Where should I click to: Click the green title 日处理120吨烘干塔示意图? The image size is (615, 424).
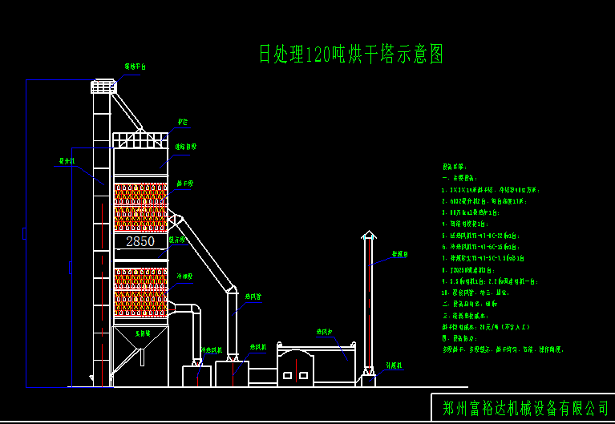click(350, 55)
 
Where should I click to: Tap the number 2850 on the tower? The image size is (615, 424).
click(140, 241)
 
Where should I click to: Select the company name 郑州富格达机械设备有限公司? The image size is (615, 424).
click(525, 408)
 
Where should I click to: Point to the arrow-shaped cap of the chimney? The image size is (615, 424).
click(368, 236)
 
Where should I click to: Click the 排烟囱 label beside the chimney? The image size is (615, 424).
click(399, 255)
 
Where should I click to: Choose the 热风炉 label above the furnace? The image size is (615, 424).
click(324, 332)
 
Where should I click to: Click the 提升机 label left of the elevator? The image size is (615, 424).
click(66, 161)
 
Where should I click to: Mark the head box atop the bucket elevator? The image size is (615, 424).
click(102, 86)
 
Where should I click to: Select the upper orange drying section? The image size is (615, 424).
click(140, 206)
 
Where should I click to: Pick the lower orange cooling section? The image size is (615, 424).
click(140, 291)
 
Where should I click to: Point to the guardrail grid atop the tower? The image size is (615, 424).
click(140, 139)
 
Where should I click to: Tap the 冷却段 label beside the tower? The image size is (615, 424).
click(184, 276)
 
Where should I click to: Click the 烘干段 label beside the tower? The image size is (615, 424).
click(185, 184)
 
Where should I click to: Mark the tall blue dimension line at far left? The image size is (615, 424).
click(26, 232)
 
